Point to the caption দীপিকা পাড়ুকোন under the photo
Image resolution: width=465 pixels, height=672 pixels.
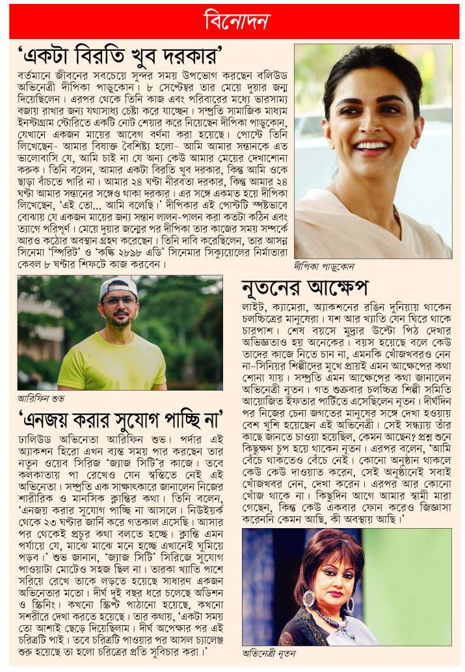coord(323,266)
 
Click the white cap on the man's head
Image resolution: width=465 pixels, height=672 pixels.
coord(118,287)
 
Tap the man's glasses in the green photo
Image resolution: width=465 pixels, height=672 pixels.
coord(119,303)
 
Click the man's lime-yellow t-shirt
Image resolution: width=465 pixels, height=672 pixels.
coord(111,365)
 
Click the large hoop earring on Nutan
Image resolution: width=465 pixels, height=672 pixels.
coord(308,598)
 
